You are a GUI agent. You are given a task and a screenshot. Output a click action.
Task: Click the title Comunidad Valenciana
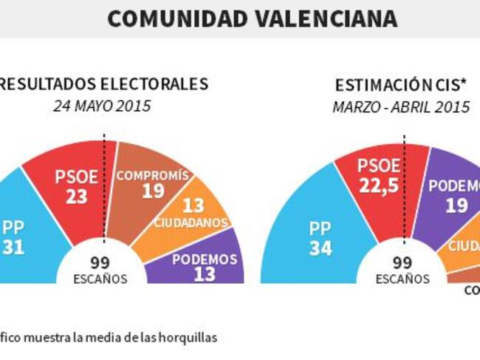(252, 18)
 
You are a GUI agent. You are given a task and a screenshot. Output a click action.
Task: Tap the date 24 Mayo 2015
(102, 106)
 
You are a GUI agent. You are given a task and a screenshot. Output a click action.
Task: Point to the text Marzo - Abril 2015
(401, 106)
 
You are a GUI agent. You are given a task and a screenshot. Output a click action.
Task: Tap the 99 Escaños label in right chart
(402, 269)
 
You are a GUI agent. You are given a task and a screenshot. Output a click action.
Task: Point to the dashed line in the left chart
(105, 185)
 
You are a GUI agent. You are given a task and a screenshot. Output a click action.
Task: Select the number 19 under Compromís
(153, 191)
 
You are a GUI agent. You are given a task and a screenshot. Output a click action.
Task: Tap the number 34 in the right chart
(320, 249)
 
